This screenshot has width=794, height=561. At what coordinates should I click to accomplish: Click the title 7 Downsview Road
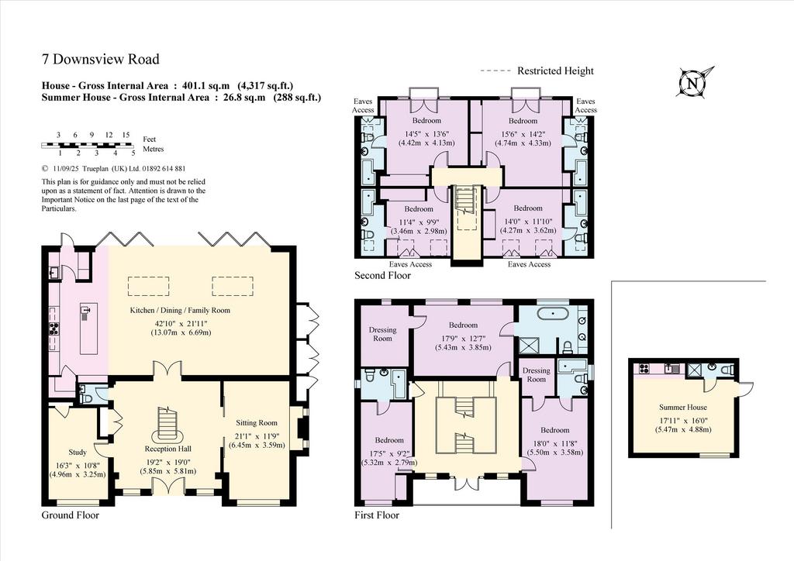(100, 59)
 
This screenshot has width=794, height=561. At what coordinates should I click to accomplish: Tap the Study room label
(78, 453)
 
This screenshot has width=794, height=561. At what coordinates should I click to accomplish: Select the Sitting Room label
(257, 423)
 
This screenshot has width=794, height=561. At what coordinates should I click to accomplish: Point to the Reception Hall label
(168, 449)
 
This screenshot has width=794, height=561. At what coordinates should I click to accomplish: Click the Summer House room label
(683, 408)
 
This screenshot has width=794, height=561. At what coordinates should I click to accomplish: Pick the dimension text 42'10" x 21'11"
(181, 323)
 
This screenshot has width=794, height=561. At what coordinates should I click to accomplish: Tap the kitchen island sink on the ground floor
(87, 310)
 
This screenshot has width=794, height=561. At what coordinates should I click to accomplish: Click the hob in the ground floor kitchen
(54, 329)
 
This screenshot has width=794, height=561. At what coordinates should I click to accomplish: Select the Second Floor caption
(382, 276)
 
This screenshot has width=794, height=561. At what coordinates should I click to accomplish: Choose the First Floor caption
(377, 515)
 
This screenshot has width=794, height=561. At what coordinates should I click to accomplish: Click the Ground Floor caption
(71, 515)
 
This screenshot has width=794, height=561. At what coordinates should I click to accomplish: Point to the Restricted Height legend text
(555, 71)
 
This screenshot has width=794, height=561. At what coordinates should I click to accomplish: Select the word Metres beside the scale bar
(154, 150)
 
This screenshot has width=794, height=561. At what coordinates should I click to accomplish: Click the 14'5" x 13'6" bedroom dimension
(426, 134)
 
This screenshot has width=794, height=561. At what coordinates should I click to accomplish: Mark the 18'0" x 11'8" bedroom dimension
(555, 444)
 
